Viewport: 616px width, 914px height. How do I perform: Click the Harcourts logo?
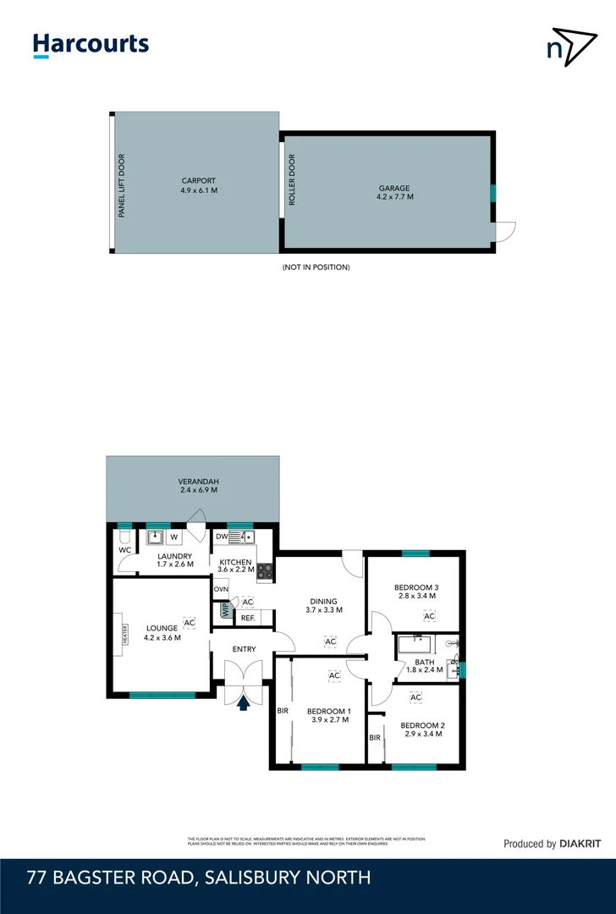pos(91,45)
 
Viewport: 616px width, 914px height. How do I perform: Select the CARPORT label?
pos(198,180)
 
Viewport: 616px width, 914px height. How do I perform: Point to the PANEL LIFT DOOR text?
pos(122,186)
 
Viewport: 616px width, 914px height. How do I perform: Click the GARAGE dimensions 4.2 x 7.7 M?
pos(394,197)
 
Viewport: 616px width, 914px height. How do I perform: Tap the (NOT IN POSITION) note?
pos(316,267)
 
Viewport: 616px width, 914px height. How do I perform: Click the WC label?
pos(124,550)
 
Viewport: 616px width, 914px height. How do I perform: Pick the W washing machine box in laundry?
pos(174,537)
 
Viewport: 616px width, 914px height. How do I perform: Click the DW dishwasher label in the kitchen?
pos(222,537)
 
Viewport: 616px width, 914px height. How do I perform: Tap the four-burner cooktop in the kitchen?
pos(265,571)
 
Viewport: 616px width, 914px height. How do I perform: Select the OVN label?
pos(221,589)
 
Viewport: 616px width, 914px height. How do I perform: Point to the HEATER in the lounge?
pos(124,635)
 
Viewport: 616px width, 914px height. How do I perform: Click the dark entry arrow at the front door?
pos(244,702)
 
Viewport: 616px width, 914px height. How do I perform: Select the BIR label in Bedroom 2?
pos(374,738)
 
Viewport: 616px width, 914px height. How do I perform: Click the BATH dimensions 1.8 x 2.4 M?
pos(425,670)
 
